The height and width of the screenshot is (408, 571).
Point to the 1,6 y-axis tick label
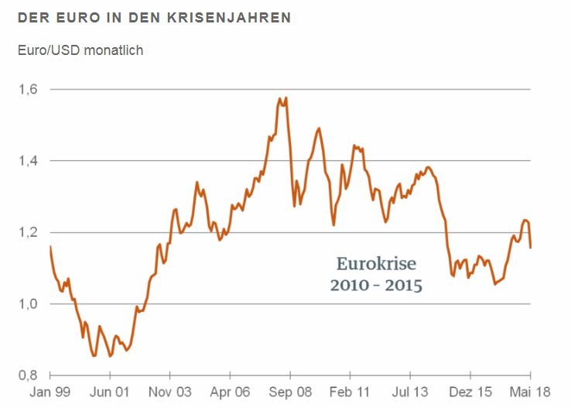pyautogui.click(x=28, y=90)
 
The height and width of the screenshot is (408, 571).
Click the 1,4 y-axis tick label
pyautogui.click(x=28, y=161)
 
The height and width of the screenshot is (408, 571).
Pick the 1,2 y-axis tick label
pyautogui.click(x=28, y=232)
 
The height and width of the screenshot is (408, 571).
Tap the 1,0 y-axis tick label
pyautogui.click(x=28, y=303)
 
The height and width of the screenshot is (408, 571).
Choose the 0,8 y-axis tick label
pyautogui.click(x=28, y=375)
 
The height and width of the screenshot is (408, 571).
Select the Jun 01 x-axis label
pyautogui.click(x=109, y=392)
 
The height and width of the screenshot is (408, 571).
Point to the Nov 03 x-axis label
pyautogui.click(x=169, y=392)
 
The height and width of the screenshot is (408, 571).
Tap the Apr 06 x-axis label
pyautogui.click(x=230, y=392)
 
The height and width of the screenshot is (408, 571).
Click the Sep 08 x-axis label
pyautogui.click(x=289, y=392)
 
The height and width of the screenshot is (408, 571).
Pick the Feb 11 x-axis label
pyautogui.click(x=350, y=392)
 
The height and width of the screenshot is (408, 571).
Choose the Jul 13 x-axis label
pyautogui.click(x=410, y=392)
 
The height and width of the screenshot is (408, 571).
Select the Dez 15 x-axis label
pyautogui.click(x=470, y=392)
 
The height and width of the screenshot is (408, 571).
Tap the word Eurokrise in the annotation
pyautogui.click(x=377, y=263)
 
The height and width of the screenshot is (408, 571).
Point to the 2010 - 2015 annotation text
pyautogui.click(x=377, y=286)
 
